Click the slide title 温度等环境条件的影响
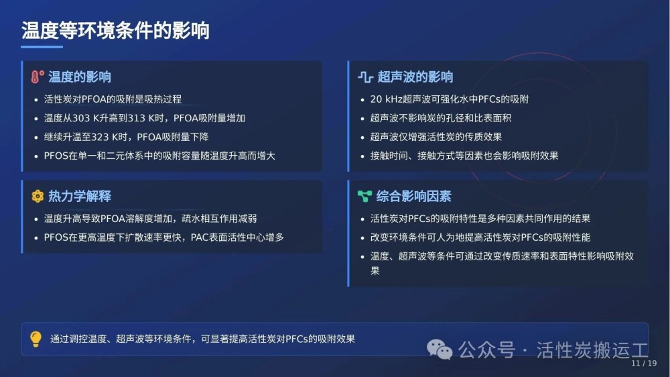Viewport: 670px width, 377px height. [115, 30]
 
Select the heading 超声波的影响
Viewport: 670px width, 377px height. [415, 77]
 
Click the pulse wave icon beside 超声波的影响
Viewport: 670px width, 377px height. [365, 77]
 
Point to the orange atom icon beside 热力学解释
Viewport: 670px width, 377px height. [38, 196]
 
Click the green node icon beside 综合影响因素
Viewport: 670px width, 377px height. [364, 196]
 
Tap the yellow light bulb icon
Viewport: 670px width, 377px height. [36, 339]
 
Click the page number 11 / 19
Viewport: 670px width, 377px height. [644, 364]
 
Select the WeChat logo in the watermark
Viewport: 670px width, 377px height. [440, 349]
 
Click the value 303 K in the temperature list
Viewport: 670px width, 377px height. [89, 118]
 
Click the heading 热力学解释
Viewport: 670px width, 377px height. [80, 196]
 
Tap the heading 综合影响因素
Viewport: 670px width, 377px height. [413, 196]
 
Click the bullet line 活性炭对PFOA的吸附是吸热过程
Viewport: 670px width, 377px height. [113, 99]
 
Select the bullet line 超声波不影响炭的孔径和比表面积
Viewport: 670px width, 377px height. [441, 118]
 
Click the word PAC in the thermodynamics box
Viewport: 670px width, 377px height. [200, 237]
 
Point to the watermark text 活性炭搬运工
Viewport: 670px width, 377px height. [592, 350]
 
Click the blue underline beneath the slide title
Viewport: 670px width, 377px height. [42, 47]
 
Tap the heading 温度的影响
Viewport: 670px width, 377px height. [80, 77]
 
